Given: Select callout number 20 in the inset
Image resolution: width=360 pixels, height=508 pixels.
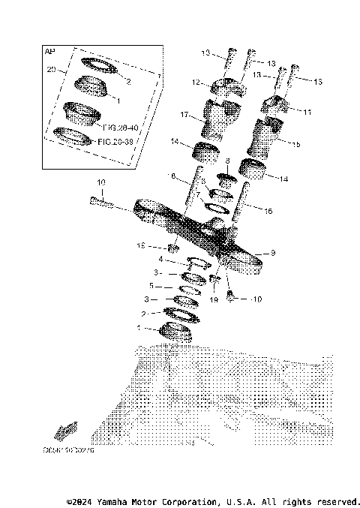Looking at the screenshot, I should click(52, 69).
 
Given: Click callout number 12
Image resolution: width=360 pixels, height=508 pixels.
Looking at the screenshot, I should click(194, 82).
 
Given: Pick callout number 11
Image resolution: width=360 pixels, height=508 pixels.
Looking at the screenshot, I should click(307, 111).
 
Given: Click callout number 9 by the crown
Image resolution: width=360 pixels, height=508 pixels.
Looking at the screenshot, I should click(273, 253).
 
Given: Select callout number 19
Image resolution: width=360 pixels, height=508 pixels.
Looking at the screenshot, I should click(212, 299).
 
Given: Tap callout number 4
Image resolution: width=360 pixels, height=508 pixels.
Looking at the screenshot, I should click(160, 259).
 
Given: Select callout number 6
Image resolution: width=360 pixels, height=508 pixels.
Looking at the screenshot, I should click(172, 177).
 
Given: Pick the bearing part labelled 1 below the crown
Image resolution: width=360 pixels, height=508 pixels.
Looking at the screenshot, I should click(176, 330).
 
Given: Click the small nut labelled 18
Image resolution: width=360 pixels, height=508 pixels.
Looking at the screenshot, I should click(172, 248).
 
